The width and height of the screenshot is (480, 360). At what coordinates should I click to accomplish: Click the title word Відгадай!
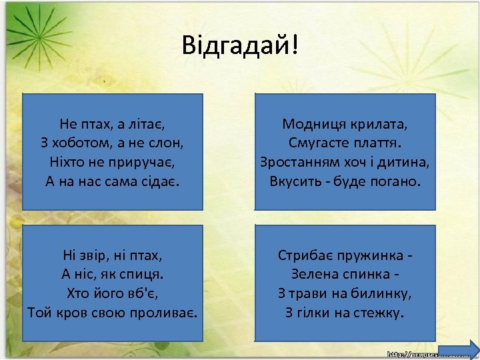click(x=241, y=45)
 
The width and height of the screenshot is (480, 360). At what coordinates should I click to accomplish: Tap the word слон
click(x=169, y=143)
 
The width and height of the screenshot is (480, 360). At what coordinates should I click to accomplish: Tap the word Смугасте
click(x=317, y=143)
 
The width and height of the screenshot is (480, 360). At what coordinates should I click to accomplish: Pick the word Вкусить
click(x=296, y=181)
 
